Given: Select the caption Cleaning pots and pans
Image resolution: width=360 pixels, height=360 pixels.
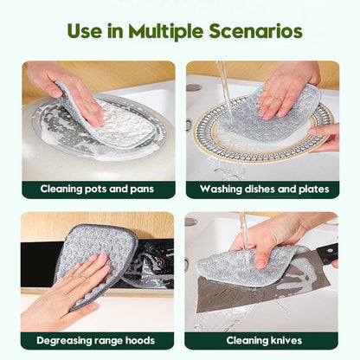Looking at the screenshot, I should [97, 189].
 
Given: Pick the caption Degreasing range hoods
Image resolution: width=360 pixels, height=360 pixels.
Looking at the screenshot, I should [97, 340].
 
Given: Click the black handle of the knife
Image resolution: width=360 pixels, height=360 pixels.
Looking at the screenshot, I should [326, 253].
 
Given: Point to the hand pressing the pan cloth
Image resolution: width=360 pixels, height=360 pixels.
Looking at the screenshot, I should [65, 82].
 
